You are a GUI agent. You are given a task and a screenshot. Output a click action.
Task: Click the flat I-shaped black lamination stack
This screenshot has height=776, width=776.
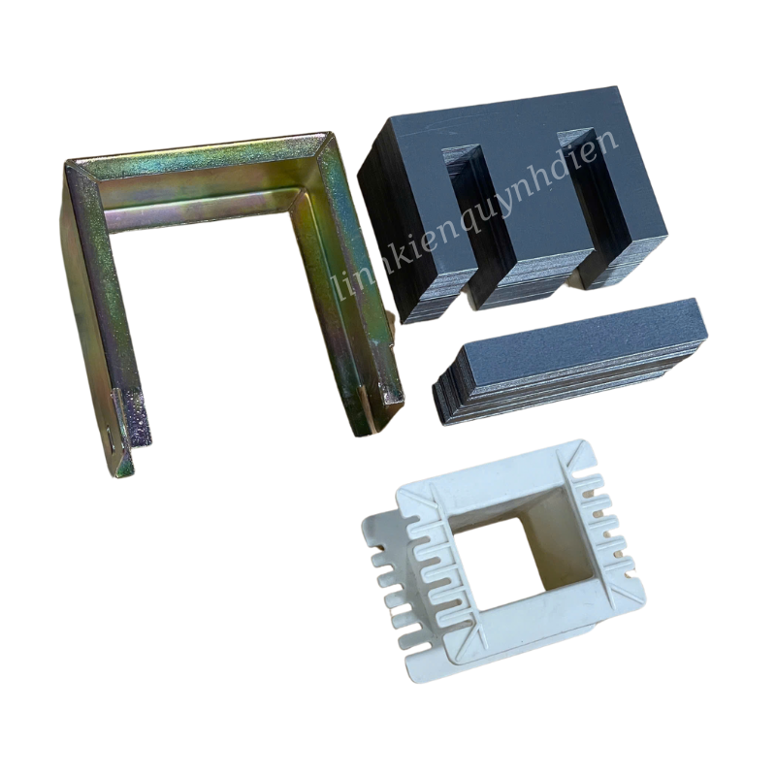click(572, 359)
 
